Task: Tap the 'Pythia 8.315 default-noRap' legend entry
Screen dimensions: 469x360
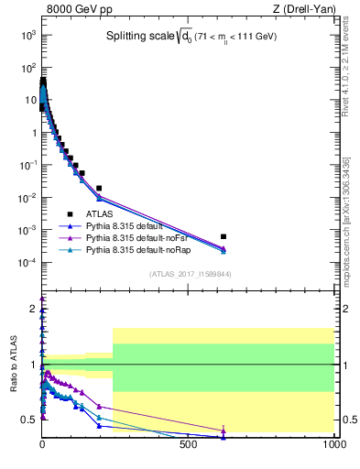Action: pyautogui.click(x=141, y=248)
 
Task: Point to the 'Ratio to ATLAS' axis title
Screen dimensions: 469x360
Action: pyautogui.click(x=14, y=364)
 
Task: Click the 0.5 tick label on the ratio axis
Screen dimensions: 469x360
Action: pyautogui.click(x=29, y=420)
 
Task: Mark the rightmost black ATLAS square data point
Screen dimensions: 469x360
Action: pyautogui.click(x=223, y=236)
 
